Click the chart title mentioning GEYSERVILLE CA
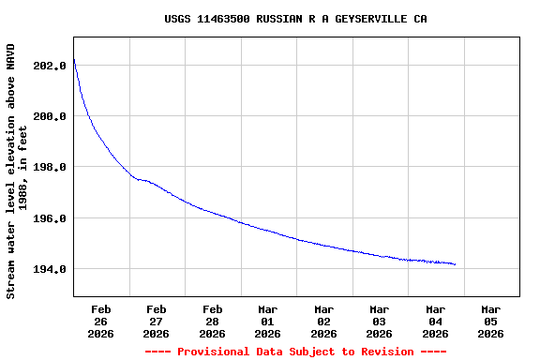tap(295, 19)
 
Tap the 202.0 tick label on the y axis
tap(49, 66)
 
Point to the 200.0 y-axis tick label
tap(49, 116)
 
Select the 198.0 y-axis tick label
tap(49, 167)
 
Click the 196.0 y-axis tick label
tap(49, 218)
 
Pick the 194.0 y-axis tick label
tap(49, 269)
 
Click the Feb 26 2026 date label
tap(101, 321)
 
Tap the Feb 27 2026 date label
tap(157, 321)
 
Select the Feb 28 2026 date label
tap(213, 321)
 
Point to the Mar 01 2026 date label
tap(268, 321)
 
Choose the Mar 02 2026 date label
tap(323, 321)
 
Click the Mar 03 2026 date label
tap(380, 321)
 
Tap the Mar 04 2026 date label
tap(435, 321)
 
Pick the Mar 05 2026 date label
tap(490, 321)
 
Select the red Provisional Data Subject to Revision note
tap(295, 352)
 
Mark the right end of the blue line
tap(455, 264)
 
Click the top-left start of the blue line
tap(74, 60)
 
